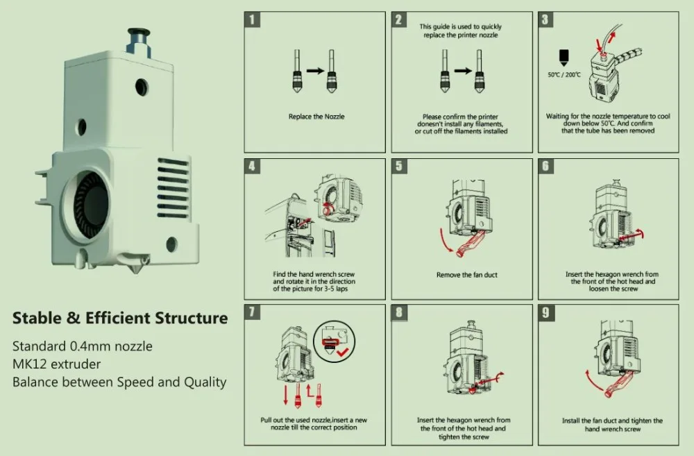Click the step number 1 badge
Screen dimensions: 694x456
pyautogui.click(x=253, y=19)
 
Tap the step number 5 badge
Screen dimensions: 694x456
pyautogui.click(x=399, y=166)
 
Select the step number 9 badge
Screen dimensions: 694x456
pyautogui.click(x=545, y=312)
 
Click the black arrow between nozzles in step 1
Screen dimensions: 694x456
pyautogui.click(x=316, y=70)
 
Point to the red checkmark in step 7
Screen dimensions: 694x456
pyautogui.click(x=343, y=353)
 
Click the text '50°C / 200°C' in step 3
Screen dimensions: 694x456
pyautogui.click(x=564, y=75)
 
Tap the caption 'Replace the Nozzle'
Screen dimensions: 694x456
pyautogui.click(x=316, y=117)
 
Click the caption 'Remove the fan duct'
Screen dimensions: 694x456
pyautogui.click(x=467, y=275)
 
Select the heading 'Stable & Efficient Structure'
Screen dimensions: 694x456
pyautogui.click(x=120, y=318)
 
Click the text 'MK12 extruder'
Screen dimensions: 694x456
pyautogui.click(x=57, y=364)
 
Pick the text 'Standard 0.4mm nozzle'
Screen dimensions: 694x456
pyautogui.click(x=83, y=346)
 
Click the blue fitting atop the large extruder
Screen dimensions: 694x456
pyautogui.click(x=139, y=42)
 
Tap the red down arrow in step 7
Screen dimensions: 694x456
pyautogui.click(x=285, y=394)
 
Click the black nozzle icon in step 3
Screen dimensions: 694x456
pyautogui.click(x=564, y=58)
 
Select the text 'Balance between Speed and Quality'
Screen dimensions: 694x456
pyautogui.click(x=119, y=382)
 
